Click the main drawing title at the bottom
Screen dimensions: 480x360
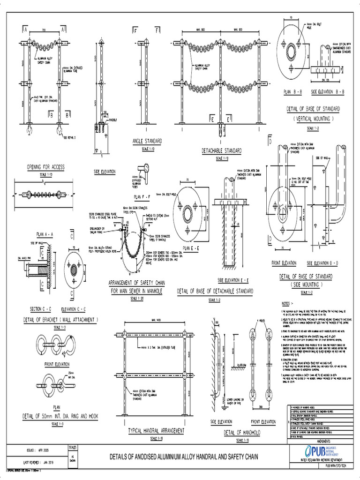(183, 456)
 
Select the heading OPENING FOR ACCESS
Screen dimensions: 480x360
(45, 167)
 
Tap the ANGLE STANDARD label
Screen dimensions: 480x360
(148, 141)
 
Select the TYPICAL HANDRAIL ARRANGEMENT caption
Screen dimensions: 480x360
(156, 430)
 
